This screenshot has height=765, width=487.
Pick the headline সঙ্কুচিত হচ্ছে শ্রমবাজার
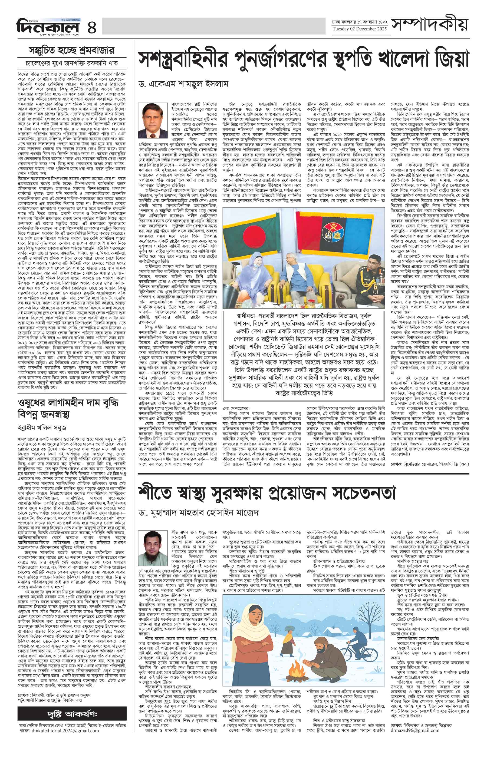pyautogui.click(x=71, y=50)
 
